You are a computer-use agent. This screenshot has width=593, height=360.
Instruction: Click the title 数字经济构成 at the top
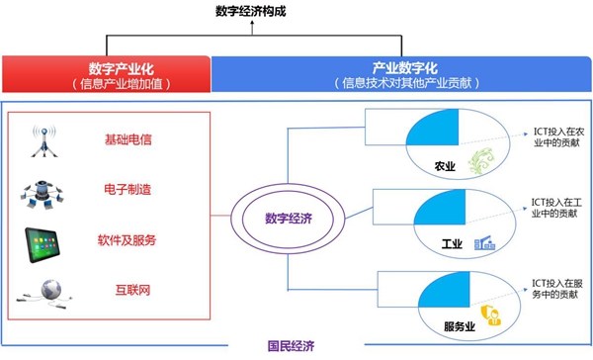[251, 12]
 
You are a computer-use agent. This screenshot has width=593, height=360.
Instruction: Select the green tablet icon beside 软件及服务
[42, 240]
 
